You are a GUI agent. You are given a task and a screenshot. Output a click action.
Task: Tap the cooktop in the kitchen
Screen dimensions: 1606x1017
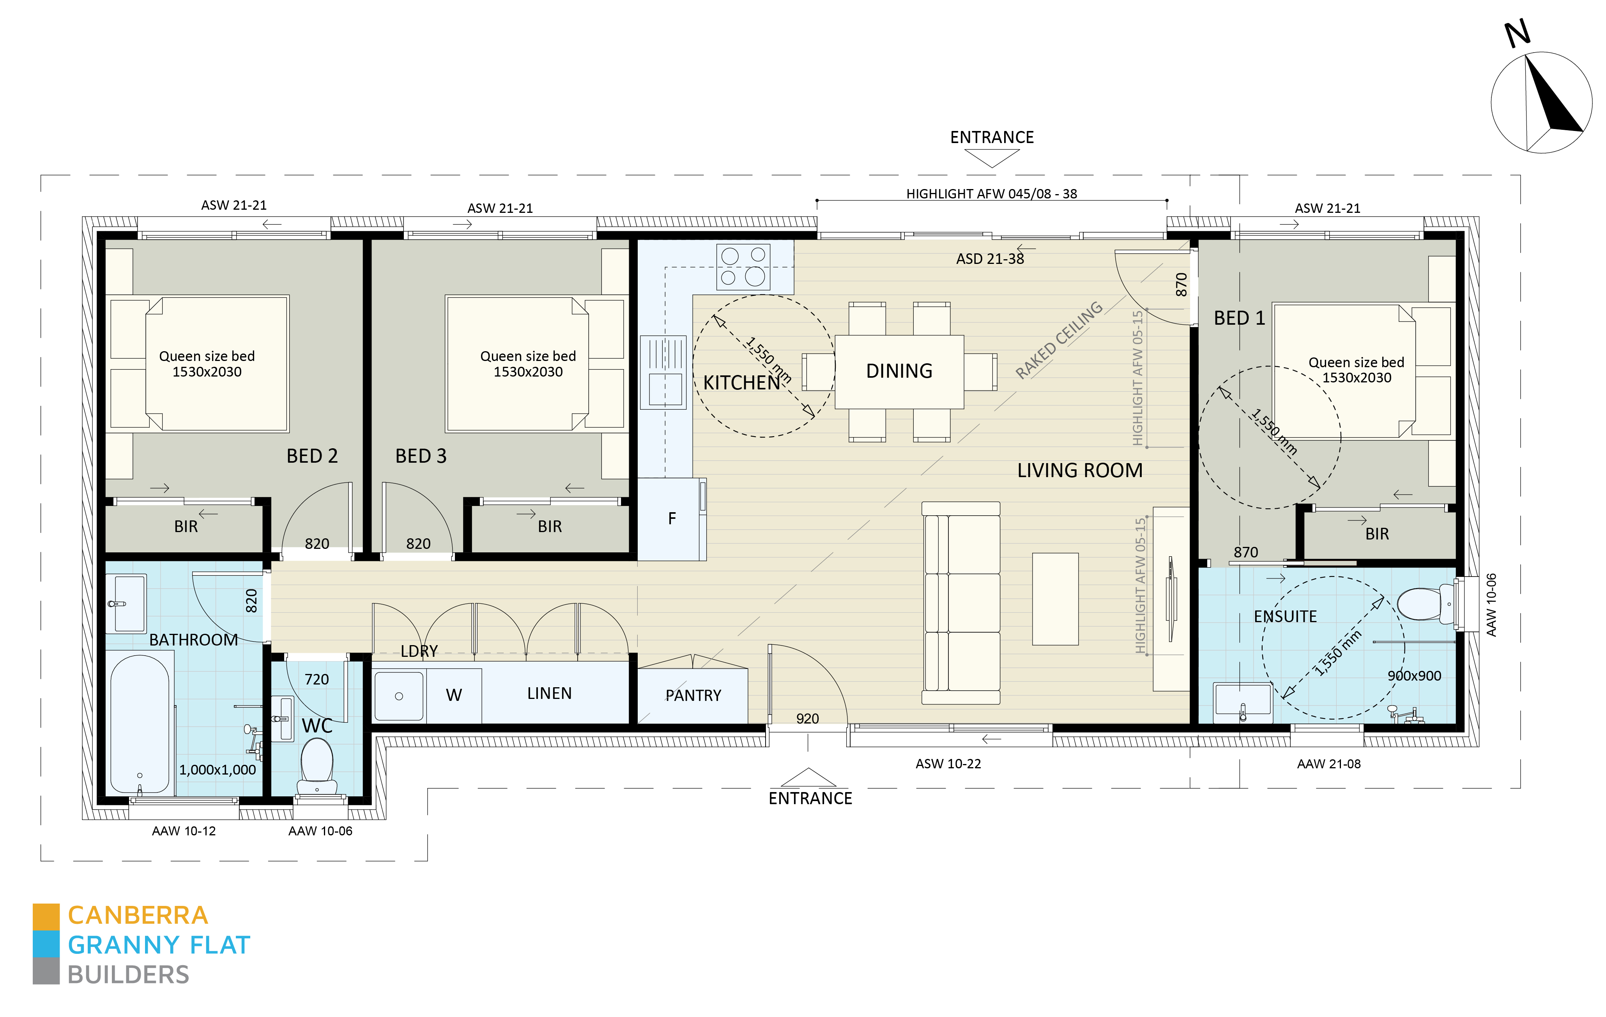point(743,267)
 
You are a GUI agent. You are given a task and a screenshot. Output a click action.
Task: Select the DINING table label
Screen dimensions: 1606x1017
point(899,371)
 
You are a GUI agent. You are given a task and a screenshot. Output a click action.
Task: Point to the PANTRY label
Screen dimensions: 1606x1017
point(693,695)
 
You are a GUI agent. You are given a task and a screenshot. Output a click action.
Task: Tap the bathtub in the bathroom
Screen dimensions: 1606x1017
point(140,723)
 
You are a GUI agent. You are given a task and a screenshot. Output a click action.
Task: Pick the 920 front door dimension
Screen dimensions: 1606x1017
point(807,718)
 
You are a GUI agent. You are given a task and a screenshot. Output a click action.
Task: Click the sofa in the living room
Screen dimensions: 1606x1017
point(960,603)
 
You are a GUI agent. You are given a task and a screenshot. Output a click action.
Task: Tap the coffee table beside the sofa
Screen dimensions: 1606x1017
point(1055,599)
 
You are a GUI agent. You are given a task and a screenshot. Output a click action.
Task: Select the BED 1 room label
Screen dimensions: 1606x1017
point(1239,318)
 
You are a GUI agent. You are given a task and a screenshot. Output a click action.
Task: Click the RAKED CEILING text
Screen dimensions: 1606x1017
point(1058,340)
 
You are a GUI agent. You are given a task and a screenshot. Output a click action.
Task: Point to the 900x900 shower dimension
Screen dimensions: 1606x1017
point(1415,676)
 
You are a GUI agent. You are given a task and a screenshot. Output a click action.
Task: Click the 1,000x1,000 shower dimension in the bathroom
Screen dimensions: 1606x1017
point(218,769)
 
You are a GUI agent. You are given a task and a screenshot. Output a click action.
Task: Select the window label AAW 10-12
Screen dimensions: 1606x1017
point(184,831)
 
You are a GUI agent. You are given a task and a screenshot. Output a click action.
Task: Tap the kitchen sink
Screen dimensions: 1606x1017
point(663,372)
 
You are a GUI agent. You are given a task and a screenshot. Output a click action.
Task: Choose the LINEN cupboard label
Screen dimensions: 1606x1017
point(550,693)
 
